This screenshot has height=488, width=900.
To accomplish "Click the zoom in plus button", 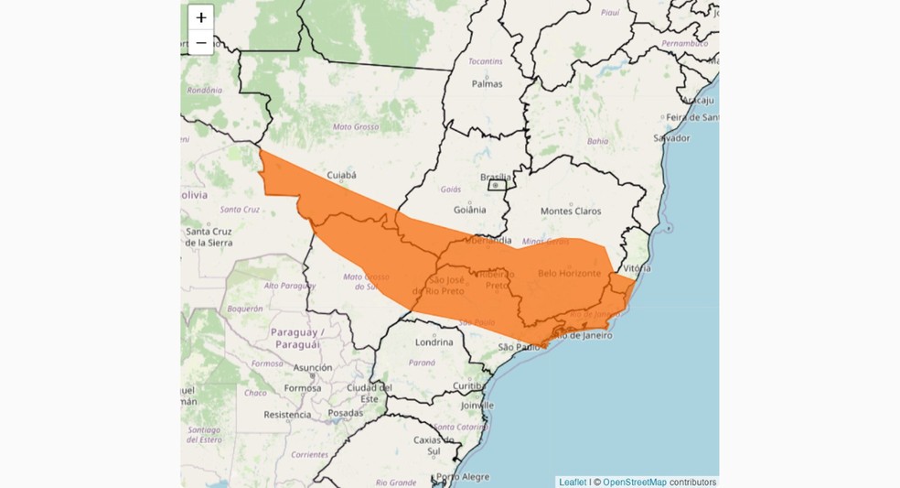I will (201, 17).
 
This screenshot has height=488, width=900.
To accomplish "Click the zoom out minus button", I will (201, 42).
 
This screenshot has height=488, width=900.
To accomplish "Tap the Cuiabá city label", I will (341, 175).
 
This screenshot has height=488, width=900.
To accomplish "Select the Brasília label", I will (497, 177).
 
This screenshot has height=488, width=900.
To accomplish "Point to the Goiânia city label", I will (469, 209).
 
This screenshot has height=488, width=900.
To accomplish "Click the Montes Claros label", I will (571, 211).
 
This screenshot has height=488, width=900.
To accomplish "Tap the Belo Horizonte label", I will (569, 273).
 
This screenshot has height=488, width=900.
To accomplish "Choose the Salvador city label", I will (671, 137).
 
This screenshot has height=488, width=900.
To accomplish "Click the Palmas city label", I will (487, 83).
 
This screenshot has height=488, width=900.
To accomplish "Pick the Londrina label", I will (434, 342).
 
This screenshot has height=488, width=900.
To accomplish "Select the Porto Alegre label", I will (460, 476).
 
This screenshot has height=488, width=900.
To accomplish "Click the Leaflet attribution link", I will (573, 482).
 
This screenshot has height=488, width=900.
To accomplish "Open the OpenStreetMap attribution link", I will (634, 482).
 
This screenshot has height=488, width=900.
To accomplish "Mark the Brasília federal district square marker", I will (497, 185).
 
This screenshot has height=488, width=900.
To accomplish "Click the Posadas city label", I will (345, 413).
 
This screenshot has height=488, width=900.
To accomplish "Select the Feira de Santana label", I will (691, 116).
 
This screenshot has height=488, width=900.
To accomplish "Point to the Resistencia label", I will (287, 414).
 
